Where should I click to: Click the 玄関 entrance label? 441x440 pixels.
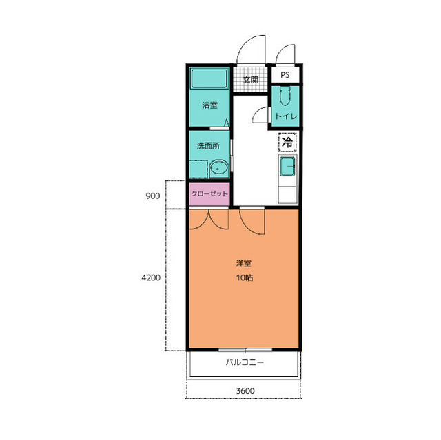click(x=250, y=80)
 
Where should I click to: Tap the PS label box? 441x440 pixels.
click(x=285, y=75)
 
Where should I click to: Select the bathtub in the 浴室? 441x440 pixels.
click(x=209, y=78)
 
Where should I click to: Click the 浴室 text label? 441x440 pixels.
click(x=209, y=105)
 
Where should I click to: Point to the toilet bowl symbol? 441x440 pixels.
click(x=285, y=96)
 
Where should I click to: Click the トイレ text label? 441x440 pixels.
click(x=286, y=116)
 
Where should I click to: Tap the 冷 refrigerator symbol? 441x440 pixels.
click(x=287, y=142)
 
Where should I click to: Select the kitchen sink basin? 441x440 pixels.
click(x=287, y=167)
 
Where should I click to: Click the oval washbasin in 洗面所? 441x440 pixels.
click(x=219, y=169)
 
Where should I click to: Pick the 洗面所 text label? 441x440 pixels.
click(x=208, y=146)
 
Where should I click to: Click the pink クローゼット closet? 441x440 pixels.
click(x=209, y=194)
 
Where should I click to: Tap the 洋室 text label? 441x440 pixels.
click(x=243, y=263)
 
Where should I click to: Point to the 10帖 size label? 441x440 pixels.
click(x=245, y=277)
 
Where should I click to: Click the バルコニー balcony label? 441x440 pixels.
click(x=245, y=362)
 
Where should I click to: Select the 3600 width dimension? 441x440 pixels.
click(x=245, y=391)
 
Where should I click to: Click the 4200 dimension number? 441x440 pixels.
click(x=151, y=277)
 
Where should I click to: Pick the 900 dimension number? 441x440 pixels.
click(x=153, y=196)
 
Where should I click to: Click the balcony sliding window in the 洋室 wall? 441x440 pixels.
click(x=245, y=350)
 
